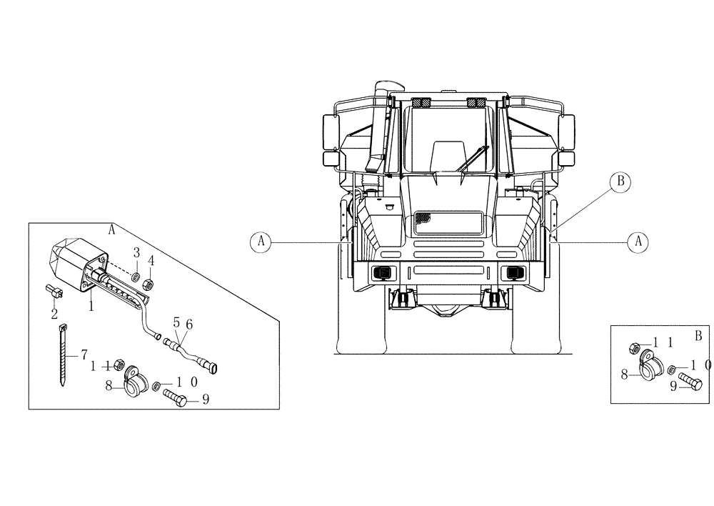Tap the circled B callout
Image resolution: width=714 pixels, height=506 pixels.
point(620,183)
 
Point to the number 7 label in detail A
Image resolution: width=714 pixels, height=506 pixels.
point(84,354)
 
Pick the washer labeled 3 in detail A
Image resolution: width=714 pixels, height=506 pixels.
point(136,276)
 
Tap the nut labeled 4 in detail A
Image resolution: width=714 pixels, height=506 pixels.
point(149,282)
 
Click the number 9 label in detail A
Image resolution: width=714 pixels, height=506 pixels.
point(205,400)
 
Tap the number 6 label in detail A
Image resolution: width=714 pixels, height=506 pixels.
point(189,324)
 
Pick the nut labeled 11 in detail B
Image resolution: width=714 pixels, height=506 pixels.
point(633,348)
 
